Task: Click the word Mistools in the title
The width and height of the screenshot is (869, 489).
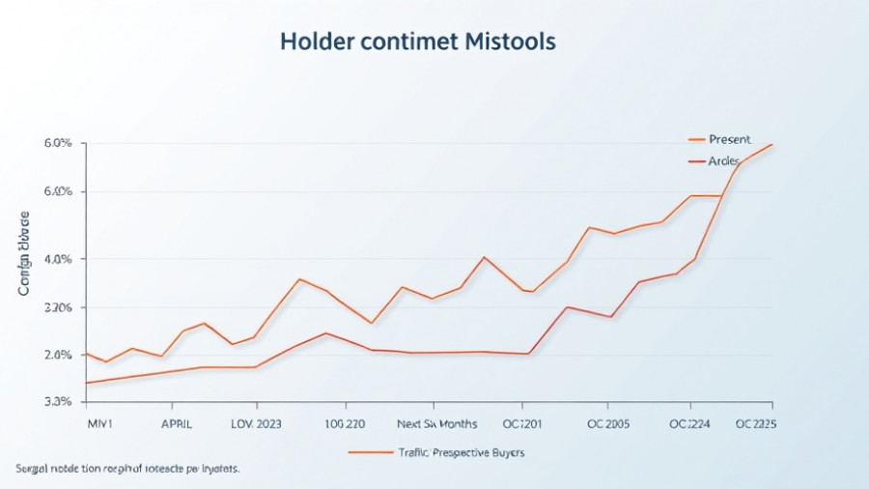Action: tap(512, 43)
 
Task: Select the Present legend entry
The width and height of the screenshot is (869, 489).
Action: tap(729, 140)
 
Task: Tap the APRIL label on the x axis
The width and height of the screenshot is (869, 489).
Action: tap(176, 424)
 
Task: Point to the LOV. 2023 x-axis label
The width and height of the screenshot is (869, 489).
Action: tap(256, 424)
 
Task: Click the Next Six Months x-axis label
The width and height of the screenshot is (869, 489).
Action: tap(437, 424)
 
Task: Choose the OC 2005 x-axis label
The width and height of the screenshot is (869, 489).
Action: tap(608, 424)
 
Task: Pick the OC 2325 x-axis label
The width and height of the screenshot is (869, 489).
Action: tap(757, 424)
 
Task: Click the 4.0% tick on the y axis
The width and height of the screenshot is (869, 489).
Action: tap(58, 259)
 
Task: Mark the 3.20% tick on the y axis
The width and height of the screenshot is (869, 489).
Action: tap(58, 307)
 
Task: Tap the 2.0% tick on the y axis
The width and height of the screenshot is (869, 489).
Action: tap(58, 356)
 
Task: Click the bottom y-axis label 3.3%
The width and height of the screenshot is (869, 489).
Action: tap(58, 401)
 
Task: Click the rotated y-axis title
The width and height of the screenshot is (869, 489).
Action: tap(23, 253)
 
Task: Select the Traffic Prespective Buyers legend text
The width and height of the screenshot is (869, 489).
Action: tap(462, 452)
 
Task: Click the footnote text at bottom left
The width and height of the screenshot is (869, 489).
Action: tap(127, 469)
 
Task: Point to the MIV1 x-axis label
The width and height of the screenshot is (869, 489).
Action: tap(99, 424)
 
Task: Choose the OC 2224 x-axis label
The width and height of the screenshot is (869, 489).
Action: tap(690, 424)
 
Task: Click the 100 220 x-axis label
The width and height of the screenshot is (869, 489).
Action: tap(345, 424)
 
